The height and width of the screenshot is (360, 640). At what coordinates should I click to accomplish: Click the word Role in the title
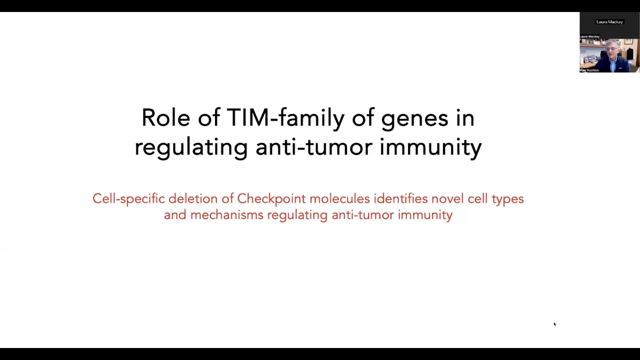165,118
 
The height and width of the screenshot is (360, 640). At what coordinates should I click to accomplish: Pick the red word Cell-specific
128,199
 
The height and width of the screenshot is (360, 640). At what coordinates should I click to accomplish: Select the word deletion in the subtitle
193,198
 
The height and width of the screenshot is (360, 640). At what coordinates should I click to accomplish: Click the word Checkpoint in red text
271,199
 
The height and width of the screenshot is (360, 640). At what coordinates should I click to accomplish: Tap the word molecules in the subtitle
339,198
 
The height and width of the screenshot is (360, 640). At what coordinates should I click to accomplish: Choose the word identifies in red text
400,198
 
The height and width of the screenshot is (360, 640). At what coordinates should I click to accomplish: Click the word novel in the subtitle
447,198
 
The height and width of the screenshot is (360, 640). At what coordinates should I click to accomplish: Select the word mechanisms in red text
226,215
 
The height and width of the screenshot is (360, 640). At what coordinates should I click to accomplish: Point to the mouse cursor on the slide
554,324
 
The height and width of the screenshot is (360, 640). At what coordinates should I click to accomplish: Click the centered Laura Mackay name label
609,22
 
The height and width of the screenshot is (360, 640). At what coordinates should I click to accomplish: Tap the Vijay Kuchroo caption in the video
589,70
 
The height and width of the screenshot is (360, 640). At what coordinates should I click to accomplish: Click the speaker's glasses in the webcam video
611,49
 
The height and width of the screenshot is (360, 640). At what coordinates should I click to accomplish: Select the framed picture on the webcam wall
628,41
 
